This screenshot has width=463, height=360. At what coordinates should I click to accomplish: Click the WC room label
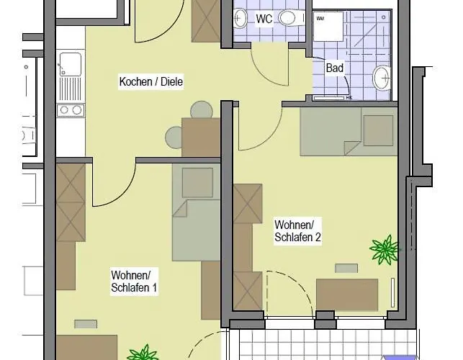pos(264,19)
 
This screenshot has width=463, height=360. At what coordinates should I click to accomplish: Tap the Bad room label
pos(335,68)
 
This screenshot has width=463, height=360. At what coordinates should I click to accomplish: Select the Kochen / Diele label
pos(151,81)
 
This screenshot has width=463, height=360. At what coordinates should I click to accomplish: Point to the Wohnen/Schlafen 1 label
pos(134,281)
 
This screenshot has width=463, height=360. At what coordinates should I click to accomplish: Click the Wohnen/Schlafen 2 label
pos(297,231)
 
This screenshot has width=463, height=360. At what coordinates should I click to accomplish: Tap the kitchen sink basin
pos(71,64)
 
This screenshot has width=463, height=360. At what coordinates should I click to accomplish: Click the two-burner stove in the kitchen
pos(71,110)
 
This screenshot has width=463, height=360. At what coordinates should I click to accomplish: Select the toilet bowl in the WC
pos(290,18)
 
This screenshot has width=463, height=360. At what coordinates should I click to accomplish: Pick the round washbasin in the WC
pos(240,18)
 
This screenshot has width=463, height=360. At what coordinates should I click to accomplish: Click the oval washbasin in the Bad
pos(382,78)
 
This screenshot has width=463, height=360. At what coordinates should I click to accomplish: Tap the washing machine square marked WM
pos(328,27)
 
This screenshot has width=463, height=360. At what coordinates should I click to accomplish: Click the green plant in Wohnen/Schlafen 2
pos(385,250)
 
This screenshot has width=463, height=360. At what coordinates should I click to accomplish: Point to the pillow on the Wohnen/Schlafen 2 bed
pos(378,130)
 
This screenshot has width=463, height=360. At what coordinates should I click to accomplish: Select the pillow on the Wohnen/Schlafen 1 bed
pos(197,183)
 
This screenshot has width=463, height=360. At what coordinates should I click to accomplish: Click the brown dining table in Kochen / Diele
pos(201,138)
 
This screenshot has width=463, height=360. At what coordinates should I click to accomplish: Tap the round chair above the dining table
pos(202,110)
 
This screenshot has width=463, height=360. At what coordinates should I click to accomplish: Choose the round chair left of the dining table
pos(174,138)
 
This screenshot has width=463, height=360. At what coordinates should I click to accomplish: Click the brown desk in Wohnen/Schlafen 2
pos(347,294)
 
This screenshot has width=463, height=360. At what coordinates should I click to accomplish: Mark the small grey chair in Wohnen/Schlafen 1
pos(86,324)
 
